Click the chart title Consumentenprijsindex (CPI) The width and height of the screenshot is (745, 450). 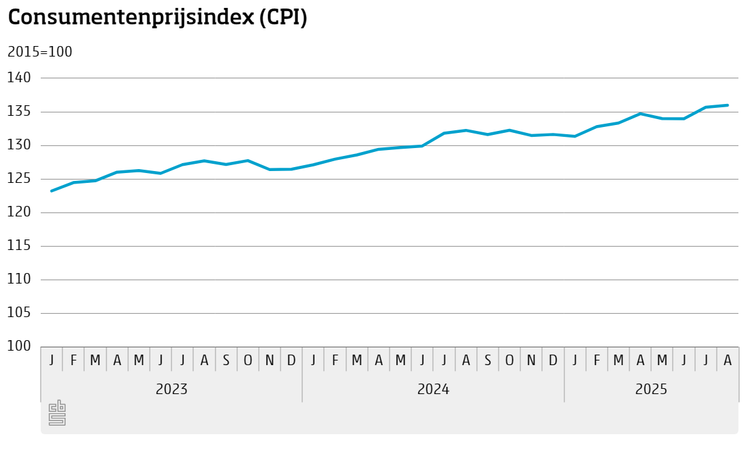(158, 18)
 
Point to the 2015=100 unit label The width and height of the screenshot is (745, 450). (39, 52)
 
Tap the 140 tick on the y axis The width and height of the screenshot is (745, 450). (19, 78)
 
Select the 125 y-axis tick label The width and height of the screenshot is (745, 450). (19, 179)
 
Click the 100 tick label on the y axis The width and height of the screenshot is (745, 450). (19, 346)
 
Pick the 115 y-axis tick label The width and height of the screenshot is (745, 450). (19, 246)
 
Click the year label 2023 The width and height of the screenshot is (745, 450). (171, 389)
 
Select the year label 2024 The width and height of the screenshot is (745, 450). (433, 389)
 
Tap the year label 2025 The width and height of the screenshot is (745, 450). (651, 389)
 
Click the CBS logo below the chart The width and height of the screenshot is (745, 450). (57, 413)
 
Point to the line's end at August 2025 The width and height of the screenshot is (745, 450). (727, 105)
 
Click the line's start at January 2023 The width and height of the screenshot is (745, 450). (51, 191)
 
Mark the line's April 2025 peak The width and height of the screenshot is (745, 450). (640, 114)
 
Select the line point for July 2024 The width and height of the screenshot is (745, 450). (444, 133)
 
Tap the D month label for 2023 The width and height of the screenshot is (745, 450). (291, 360)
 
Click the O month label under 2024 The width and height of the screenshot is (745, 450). (509, 360)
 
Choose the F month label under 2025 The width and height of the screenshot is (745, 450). (597, 360)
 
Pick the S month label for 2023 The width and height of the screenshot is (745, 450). (226, 360)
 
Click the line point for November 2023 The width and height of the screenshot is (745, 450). (269, 170)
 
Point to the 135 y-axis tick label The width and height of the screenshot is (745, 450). (19, 112)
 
